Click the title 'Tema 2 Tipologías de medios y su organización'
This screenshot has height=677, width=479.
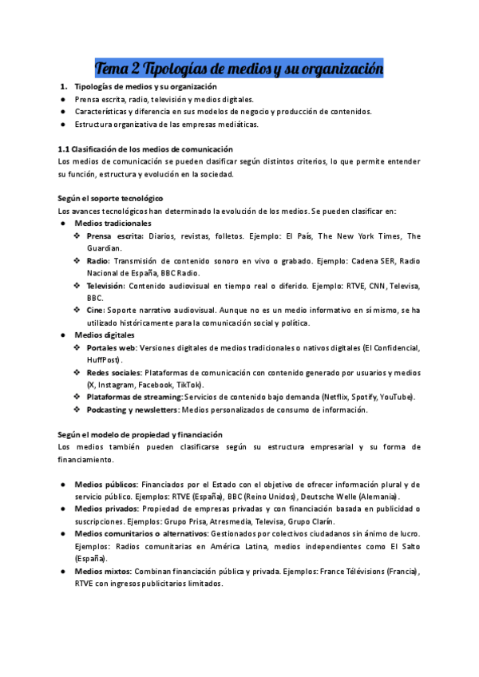(239, 69)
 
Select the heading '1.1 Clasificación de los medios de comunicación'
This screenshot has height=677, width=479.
(145, 149)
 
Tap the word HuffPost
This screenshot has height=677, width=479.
(104, 359)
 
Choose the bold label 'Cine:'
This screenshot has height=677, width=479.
(95, 310)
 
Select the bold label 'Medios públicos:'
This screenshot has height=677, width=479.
(106, 484)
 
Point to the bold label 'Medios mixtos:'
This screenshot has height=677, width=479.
(103, 572)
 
